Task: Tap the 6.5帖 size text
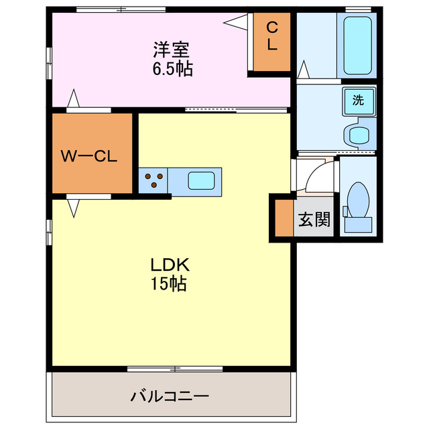(x=172, y=68)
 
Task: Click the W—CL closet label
(x=89, y=157)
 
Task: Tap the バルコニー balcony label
(x=170, y=395)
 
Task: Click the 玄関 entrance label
(x=314, y=219)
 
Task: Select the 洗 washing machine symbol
(x=359, y=101)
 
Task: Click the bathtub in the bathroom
(x=357, y=46)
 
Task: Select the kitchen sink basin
(x=201, y=180)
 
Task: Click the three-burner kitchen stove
(x=154, y=180)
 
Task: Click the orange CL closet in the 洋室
(x=271, y=41)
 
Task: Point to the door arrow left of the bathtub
(x=303, y=69)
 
